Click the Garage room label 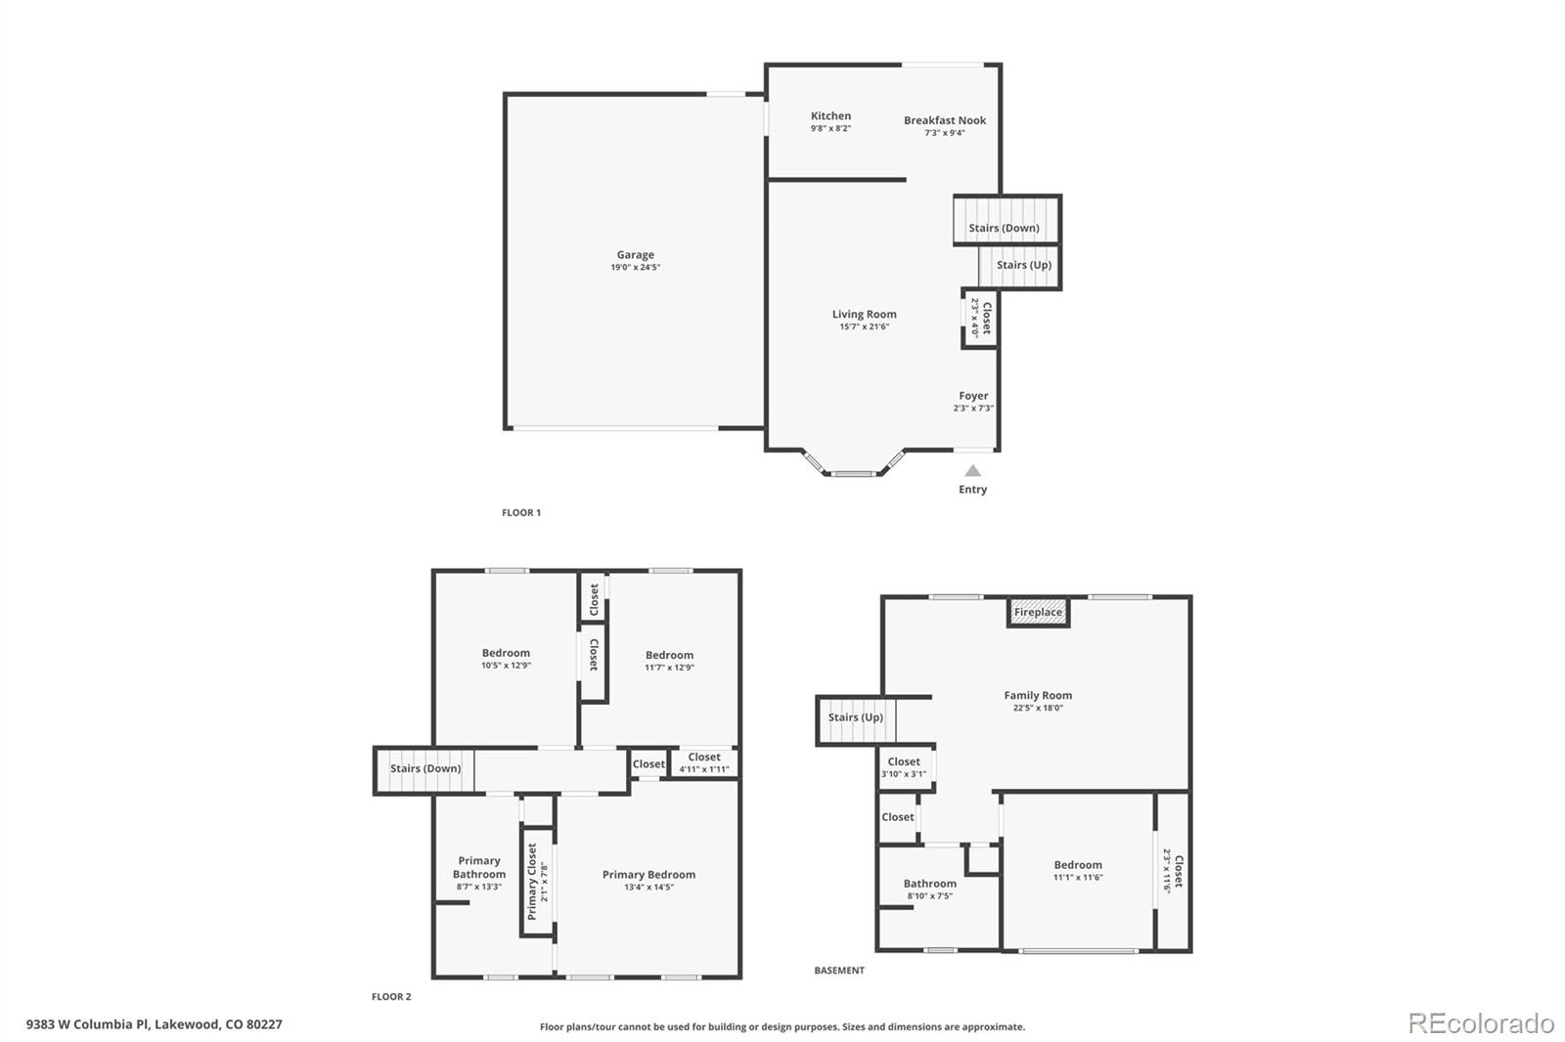pyautogui.click(x=635, y=255)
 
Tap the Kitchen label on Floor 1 pyautogui.click(x=830, y=116)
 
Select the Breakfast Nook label pyautogui.click(x=945, y=121)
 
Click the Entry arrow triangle pyautogui.click(x=972, y=471)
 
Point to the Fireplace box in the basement pyautogui.click(x=1038, y=613)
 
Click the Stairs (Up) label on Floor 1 pyautogui.click(x=1023, y=265)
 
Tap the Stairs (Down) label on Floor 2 pyautogui.click(x=425, y=768)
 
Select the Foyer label pyautogui.click(x=973, y=396)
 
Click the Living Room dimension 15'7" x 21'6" pyautogui.click(x=864, y=326)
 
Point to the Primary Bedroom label pyautogui.click(x=648, y=875)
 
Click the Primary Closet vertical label pyautogui.click(x=533, y=882)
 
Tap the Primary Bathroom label pyautogui.click(x=479, y=868)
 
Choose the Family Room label pyautogui.click(x=1038, y=696)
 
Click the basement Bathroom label pyautogui.click(x=929, y=884)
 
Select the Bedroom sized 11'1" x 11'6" pyautogui.click(x=1078, y=865)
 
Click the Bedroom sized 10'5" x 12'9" pyautogui.click(x=506, y=653)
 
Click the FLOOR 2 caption pyautogui.click(x=391, y=997)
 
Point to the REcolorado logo pyautogui.click(x=1480, y=1023)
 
